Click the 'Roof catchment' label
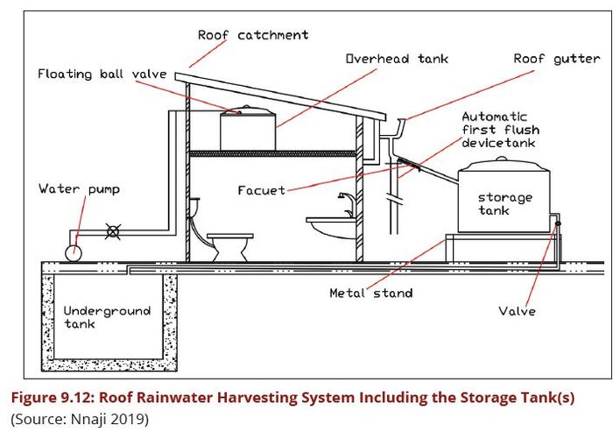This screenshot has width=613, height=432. point(252,35)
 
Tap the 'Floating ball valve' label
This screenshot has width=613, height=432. point(102,74)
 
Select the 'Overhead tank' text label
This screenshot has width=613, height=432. point(396,59)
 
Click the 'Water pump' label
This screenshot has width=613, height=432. point(79,188)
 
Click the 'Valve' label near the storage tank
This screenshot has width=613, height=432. point(518,310)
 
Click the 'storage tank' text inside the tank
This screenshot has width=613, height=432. point(504,204)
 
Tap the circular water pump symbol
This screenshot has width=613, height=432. point(74,251)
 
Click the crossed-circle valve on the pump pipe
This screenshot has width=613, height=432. point(112,232)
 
